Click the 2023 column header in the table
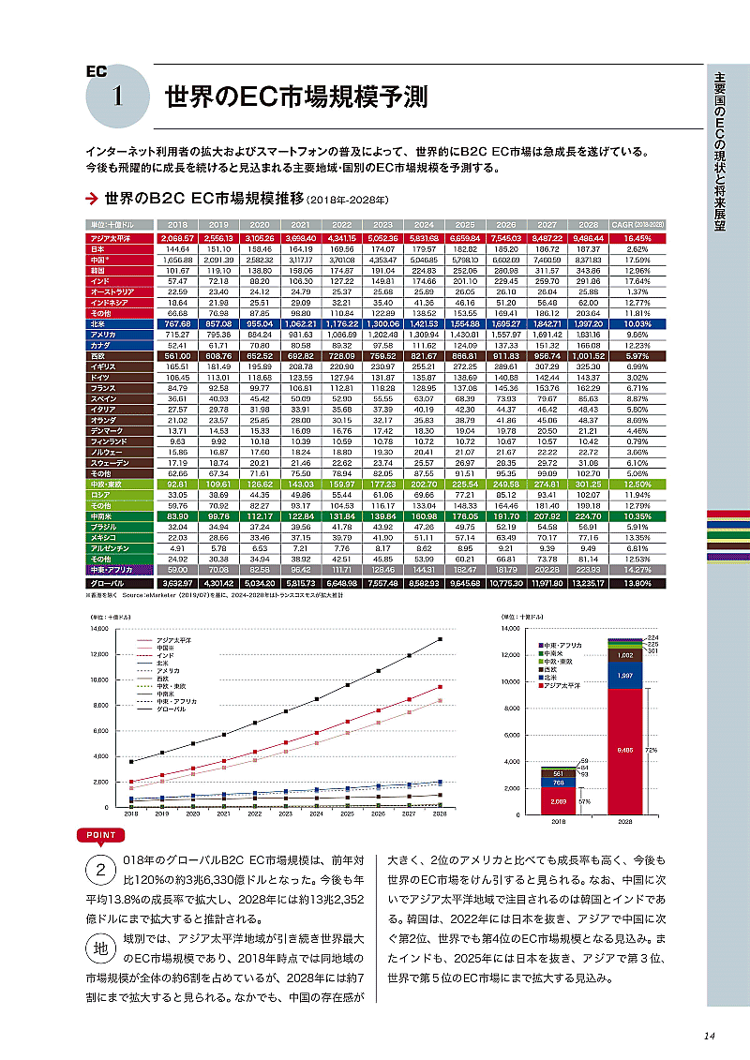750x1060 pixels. (x=382, y=225)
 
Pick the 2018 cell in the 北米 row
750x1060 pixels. (x=177, y=321)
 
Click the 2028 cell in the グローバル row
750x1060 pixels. (x=588, y=583)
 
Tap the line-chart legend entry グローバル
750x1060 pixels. (x=171, y=709)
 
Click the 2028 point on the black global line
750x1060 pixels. (x=440, y=639)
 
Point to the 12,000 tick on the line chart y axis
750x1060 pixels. (x=101, y=654)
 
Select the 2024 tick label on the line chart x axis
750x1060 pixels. (x=316, y=814)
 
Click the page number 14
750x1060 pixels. (x=709, y=1036)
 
